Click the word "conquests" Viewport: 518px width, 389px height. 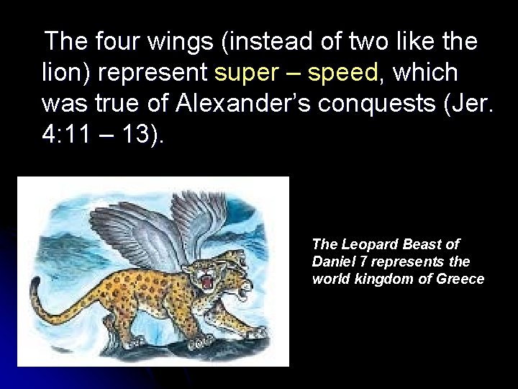point(364,104)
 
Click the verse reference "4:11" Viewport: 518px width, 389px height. point(65,135)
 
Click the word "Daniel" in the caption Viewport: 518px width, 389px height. point(333,261)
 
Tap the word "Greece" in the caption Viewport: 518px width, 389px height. point(460,279)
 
